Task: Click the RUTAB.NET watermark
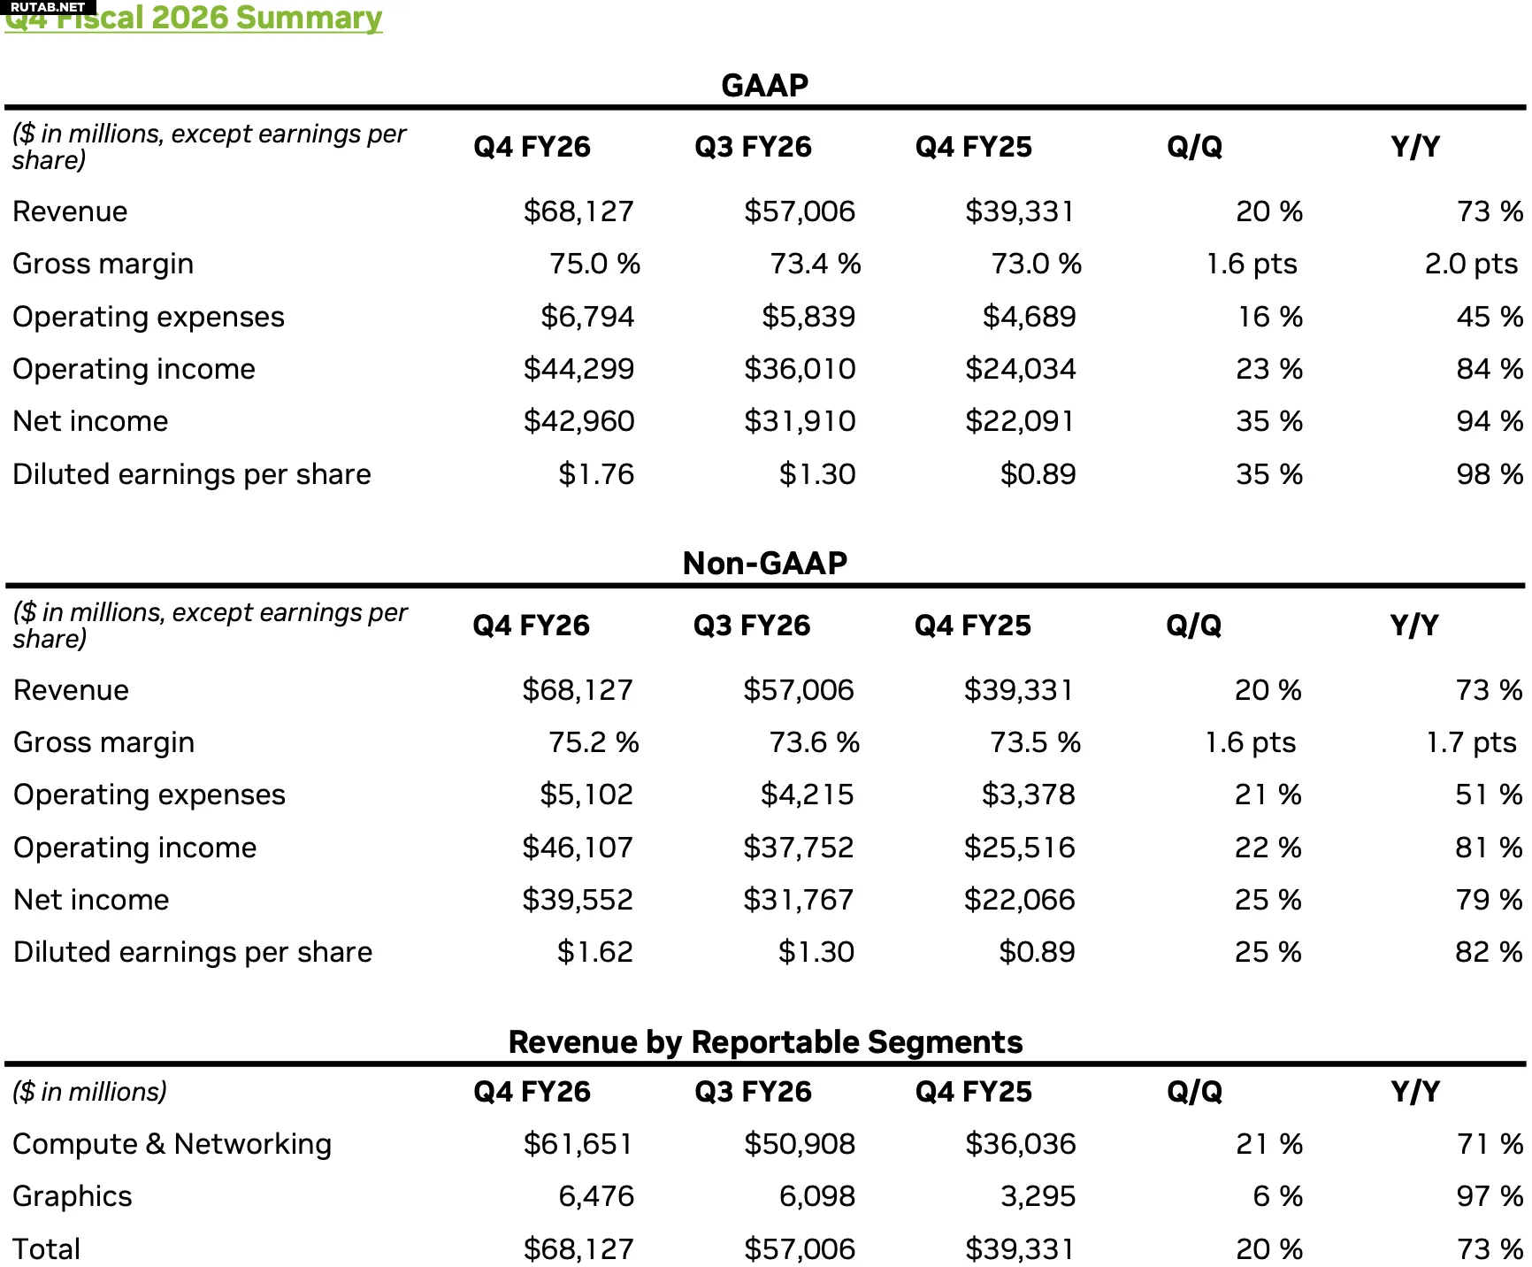click(48, 7)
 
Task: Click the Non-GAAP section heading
click(765, 563)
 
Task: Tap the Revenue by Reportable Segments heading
click(765, 1041)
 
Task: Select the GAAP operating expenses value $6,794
click(587, 317)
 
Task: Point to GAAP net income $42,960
click(578, 421)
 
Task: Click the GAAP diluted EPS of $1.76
click(595, 474)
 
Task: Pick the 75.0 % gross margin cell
click(594, 264)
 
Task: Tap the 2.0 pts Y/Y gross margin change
click(1471, 264)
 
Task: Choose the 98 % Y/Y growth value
click(1490, 474)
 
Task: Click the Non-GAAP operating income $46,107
click(578, 848)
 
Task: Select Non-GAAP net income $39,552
click(578, 900)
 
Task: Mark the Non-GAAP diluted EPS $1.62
click(594, 952)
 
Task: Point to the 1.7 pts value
click(1471, 742)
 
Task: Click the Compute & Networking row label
click(172, 1144)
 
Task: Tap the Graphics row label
click(73, 1196)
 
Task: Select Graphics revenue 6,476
click(596, 1196)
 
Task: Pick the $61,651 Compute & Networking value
click(578, 1144)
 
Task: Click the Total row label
click(47, 1248)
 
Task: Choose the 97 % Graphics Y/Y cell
click(1490, 1196)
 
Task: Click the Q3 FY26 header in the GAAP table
click(753, 147)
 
